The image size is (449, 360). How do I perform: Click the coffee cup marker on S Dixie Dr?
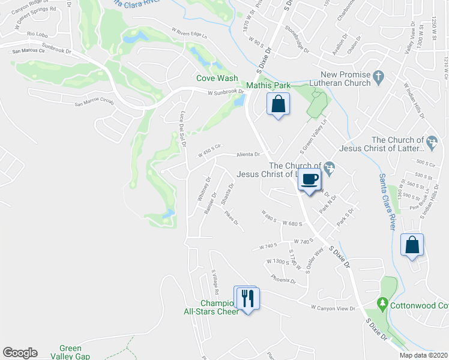(x=310, y=179)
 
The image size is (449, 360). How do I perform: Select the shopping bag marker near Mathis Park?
(x=278, y=104)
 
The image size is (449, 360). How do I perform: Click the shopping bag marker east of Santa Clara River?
(x=412, y=245)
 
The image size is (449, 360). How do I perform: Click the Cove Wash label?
(x=217, y=78)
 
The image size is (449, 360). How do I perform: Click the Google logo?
(x=20, y=353)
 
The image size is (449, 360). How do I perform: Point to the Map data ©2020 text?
(x=423, y=355)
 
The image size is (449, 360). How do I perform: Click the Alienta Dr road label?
(x=247, y=154)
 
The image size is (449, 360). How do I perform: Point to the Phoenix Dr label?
(x=283, y=279)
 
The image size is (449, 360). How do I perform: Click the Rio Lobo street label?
(x=37, y=34)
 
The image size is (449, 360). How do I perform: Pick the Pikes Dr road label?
(x=232, y=221)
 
